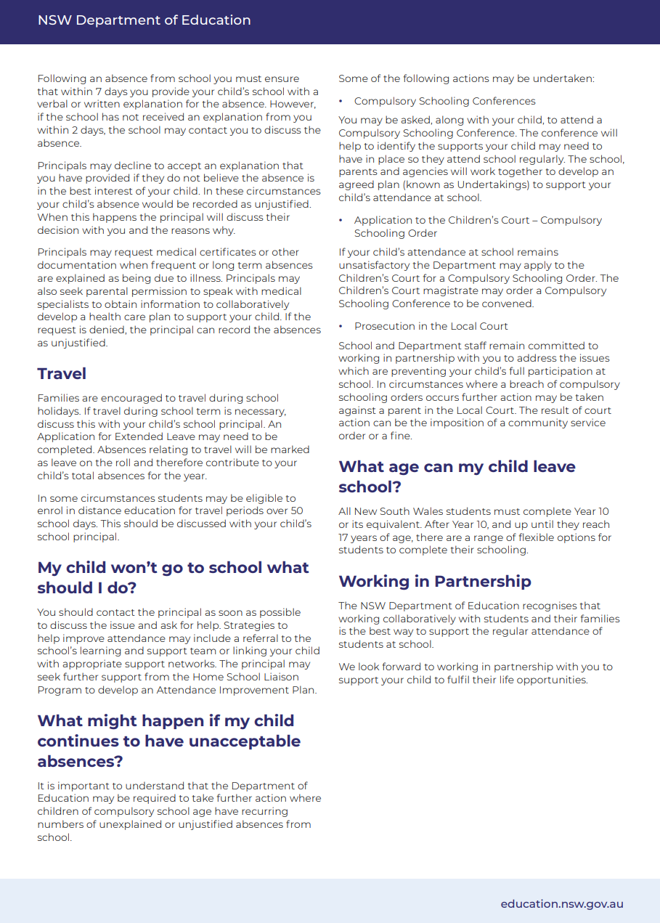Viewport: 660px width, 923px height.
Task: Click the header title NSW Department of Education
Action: coord(144,20)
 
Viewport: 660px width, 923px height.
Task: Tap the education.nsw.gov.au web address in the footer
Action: coord(561,904)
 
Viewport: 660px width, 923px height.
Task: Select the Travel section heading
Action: coord(62,374)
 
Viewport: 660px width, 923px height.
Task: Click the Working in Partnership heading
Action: coord(434,582)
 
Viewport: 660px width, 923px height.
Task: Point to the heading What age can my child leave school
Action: coord(457,476)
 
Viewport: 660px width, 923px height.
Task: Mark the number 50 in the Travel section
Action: coord(296,511)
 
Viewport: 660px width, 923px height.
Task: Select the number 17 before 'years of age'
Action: coord(345,537)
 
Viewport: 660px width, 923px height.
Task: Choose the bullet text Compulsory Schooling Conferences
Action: coord(444,101)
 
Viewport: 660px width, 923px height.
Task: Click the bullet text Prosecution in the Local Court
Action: coord(431,326)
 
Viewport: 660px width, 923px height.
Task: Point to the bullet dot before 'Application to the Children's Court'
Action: coord(341,220)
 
